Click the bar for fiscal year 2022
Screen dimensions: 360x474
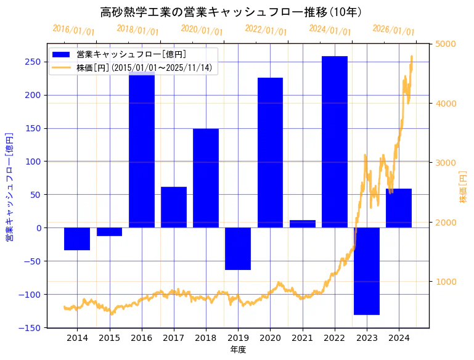pyautogui.click(x=335, y=142)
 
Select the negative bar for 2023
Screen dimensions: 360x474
pyautogui.click(x=367, y=271)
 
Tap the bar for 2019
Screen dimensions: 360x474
pyautogui.click(x=238, y=248)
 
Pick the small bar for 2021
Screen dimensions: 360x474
pyautogui.click(x=303, y=224)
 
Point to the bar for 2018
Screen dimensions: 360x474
pyautogui.click(x=206, y=178)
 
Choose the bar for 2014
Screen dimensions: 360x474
pyautogui.click(x=77, y=239)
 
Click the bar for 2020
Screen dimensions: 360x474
pyautogui.click(x=270, y=152)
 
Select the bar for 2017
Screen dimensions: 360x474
pyautogui.click(x=174, y=207)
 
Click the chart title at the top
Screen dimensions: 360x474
pyautogui.click(x=231, y=12)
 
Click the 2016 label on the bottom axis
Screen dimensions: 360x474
pyautogui.click(x=142, y=338)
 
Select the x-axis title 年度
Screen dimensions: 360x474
pyautogui.click(x=238, y=350)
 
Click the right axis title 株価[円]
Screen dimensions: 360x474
pyautogui.click(x=464, y=186)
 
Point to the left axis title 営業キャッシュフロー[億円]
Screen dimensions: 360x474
pyautogui.click(x=9, y=186)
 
